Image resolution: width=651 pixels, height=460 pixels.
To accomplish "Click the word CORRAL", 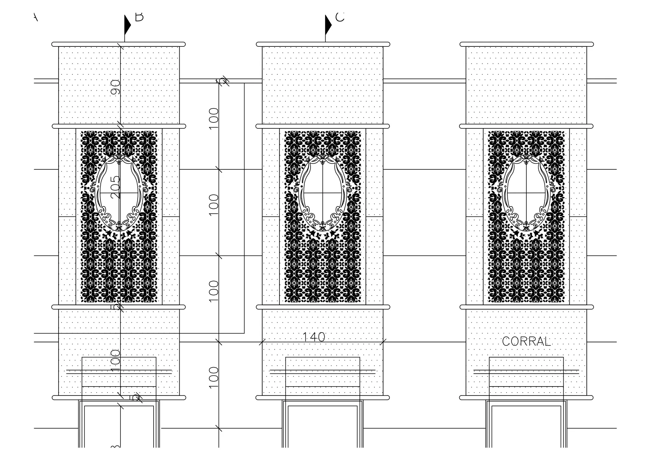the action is click(x=526, y=341).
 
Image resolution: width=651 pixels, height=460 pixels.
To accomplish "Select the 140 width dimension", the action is click(x=313, y=337).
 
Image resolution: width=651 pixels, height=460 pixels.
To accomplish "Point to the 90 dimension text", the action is click(x=116, y=87).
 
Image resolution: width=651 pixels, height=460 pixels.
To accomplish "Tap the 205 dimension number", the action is click(x=116, y=187).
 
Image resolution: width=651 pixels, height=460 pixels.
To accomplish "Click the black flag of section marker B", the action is click(x=127, y=25).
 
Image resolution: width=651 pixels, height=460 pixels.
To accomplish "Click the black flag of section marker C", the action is click(x=328, y=25).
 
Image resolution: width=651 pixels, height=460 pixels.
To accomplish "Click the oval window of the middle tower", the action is click(x=323, y=193).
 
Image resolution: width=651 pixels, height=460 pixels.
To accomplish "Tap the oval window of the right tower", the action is click(x=526, y=193).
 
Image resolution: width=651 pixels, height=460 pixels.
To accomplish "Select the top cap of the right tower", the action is click(x=526, y=44).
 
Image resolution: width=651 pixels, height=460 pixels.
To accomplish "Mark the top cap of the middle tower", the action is click(x=323, y=44).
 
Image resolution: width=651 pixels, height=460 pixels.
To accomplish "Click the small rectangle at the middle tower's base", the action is click(x=323, y=372).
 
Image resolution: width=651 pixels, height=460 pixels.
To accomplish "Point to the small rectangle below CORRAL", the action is click(x=526, y=372).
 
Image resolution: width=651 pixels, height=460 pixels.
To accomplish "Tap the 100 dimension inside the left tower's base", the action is click(x=116, y=361).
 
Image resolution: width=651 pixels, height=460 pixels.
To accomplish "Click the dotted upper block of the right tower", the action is click(x=526, y=85).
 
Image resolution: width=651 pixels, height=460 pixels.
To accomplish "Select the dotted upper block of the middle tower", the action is click(x=323, y=85).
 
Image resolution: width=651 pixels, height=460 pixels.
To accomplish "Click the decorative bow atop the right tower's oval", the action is click(x=526, y=159).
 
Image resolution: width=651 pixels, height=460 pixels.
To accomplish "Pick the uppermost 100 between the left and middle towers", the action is click(x=214, y=118).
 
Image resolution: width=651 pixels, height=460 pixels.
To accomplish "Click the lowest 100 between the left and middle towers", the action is click(x=214, y=378).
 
